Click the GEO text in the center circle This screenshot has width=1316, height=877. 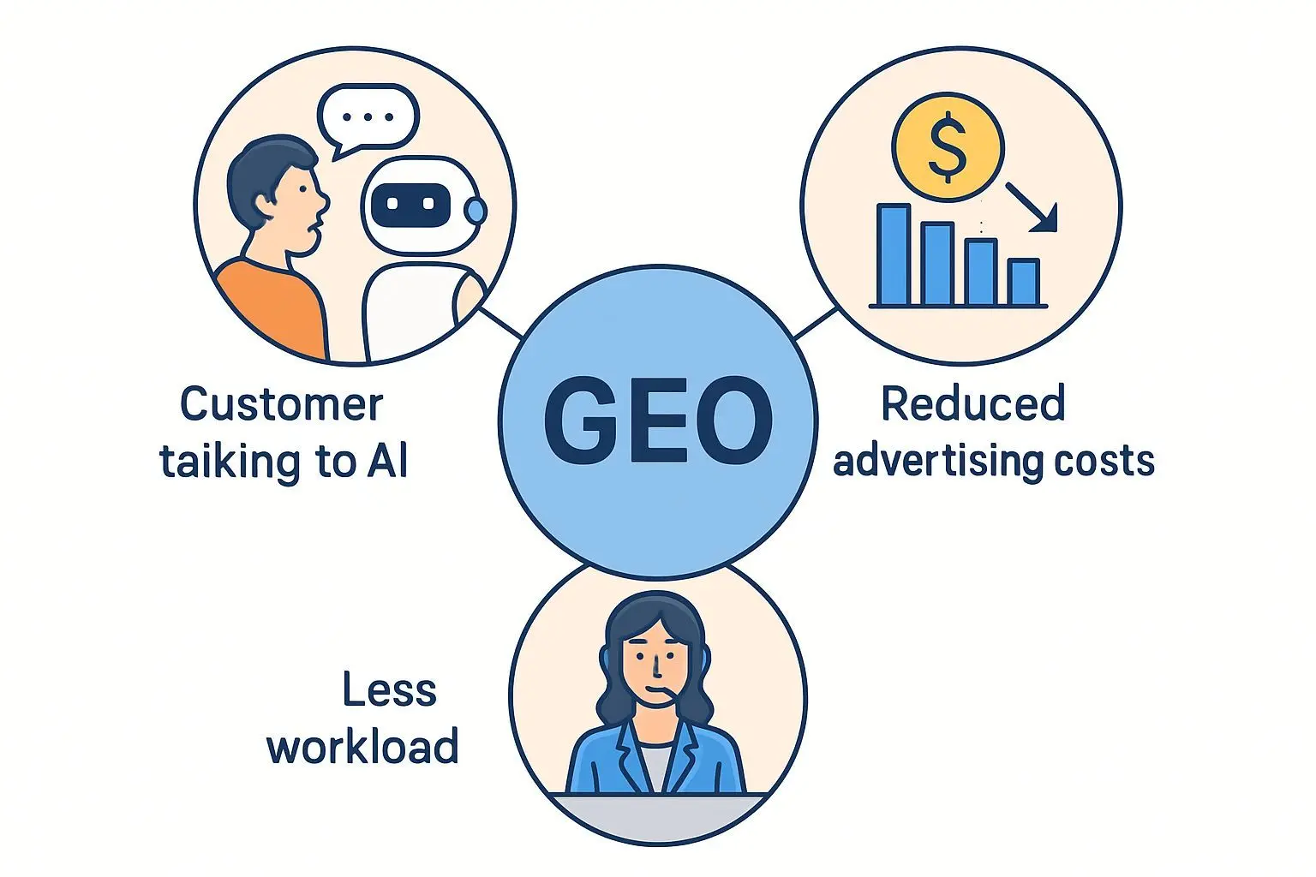657,421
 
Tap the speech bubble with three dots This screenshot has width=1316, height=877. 368,118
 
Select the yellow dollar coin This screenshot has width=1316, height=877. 947,147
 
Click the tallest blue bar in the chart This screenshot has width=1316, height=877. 893,254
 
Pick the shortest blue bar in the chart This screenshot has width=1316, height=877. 1023,282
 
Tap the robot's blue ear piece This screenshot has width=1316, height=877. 476,210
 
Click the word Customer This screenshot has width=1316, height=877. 281,404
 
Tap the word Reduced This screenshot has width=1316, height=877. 972,404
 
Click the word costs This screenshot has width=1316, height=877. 1104,461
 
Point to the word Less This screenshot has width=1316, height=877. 389,690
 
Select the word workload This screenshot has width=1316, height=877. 362,747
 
